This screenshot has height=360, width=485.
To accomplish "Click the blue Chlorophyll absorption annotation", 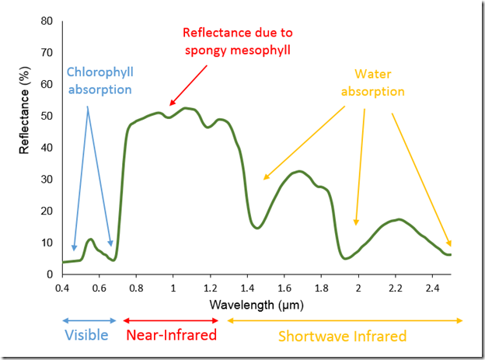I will [x=99, y=80].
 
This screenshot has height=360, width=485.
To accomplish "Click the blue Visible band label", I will [x=87, y=336].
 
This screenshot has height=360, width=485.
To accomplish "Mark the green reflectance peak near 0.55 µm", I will [x=90, y=239].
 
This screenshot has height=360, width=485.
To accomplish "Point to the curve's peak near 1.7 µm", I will [x=299, y=171].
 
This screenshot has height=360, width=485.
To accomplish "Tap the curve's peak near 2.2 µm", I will [x=399, y=219].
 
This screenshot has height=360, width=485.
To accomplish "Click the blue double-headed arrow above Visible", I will [x=89, y=320].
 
